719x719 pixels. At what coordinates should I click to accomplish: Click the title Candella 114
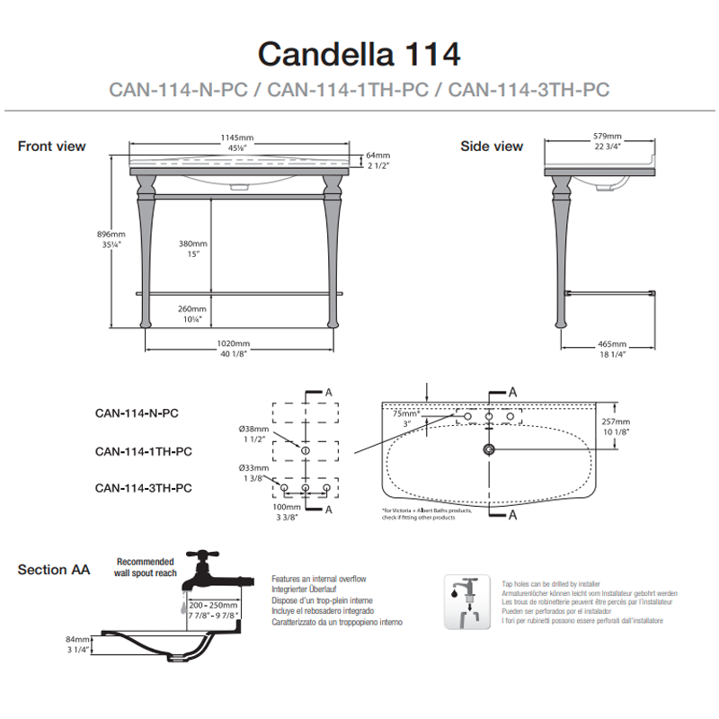(359, 53)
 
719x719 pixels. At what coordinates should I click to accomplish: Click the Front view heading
(52, 146)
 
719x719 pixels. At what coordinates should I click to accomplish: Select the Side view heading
(492, 146)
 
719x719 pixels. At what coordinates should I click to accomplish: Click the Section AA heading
(54, 569)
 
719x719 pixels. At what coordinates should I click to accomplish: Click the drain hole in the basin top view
(489, 448)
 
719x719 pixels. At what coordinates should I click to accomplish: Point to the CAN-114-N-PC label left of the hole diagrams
(137, 414)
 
